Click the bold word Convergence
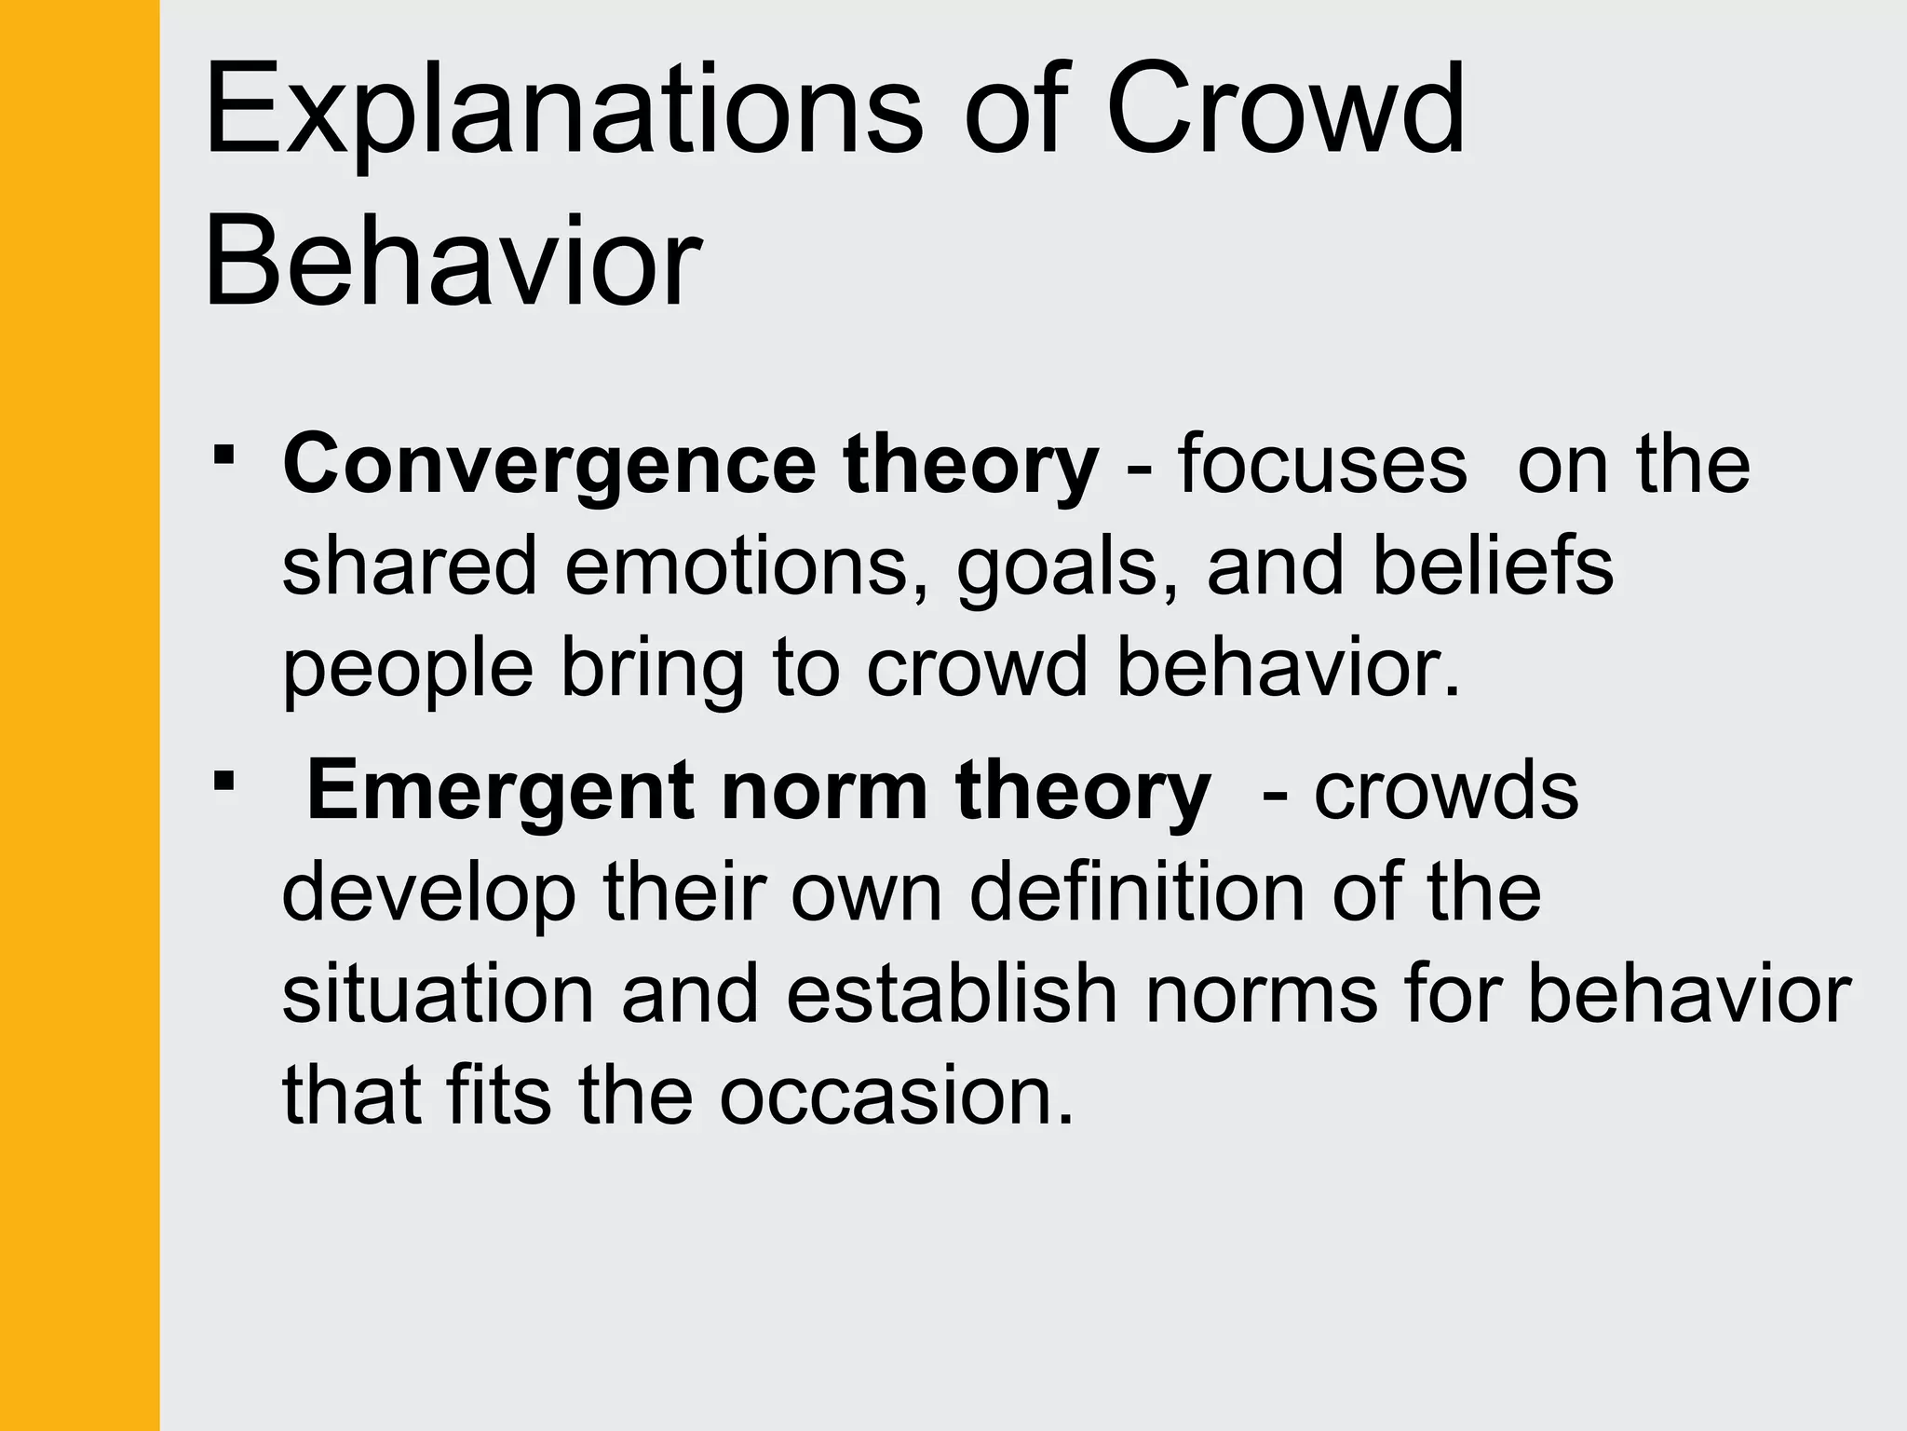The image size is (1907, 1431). tap(549, 466)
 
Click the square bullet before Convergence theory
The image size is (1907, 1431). tap(223, 456)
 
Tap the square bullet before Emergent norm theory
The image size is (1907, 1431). tap(223, 780)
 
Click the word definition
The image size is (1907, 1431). tap(1137, 893)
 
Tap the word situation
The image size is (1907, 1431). tap(438, 994)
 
